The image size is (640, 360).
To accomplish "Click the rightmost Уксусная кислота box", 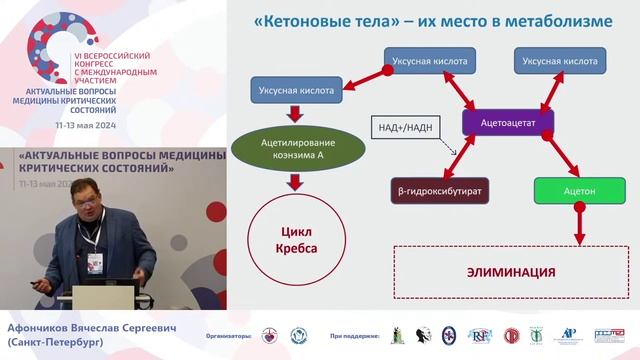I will [x=557, y=62].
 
